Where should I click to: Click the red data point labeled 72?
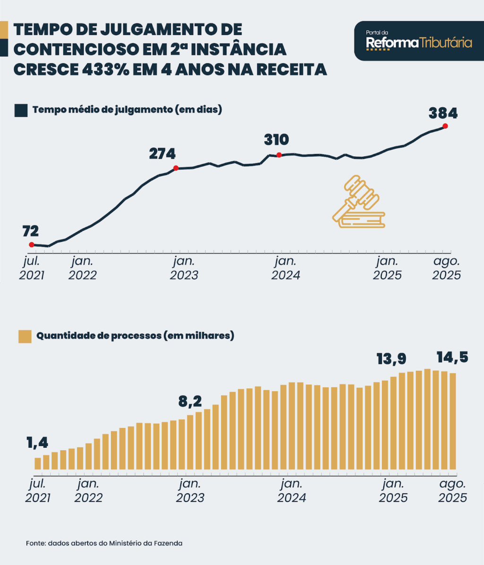click(x=31, y=245)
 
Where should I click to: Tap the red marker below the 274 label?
click(x=176, y=168)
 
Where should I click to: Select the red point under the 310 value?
click(x=279, y=154)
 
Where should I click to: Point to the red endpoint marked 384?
click(x=445, y=126)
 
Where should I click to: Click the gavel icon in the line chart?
click(x=358, y=201)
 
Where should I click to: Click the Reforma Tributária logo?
click(x=419, y=41)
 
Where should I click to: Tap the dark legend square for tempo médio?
click(x=21, y=110)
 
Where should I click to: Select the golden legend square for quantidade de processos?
click(x=25, y=336)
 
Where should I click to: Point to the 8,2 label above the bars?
click(x=190, y=402)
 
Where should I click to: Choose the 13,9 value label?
click(x=391, y=359)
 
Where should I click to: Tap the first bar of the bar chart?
click(x=38, y=463)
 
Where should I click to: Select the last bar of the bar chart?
click(x=452, y=421)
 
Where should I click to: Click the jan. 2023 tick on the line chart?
click(x=184, y=268)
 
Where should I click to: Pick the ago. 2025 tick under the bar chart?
click(x=452, y=491)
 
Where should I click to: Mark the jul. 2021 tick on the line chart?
click(x=32, y=268)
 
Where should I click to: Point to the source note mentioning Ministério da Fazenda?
click(x=104, y=543)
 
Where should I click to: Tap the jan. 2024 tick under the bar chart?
click(x=292, y=491)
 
